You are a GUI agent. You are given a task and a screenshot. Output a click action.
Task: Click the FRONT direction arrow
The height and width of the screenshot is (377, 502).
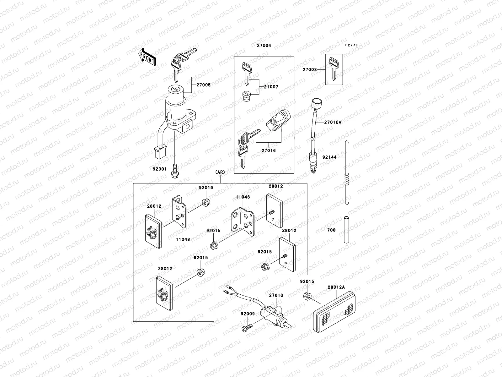tap(147, 57)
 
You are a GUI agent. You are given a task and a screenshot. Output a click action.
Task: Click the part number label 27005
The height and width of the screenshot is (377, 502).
tap(203, 85)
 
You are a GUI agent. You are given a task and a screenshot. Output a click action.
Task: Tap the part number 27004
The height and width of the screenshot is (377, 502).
tap(264, 46)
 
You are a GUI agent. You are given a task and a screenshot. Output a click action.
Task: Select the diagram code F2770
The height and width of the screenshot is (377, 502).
tap(351, 45)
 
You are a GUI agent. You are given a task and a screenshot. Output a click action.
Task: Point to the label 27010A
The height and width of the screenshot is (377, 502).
tap(333, 123)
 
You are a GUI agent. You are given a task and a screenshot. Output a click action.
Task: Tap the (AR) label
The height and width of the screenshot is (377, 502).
tap(220, 172)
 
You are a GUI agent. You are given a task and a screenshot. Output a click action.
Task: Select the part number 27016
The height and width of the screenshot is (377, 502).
tap(268, 150)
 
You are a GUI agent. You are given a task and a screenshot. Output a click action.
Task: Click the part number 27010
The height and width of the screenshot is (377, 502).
tap(276, 295)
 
